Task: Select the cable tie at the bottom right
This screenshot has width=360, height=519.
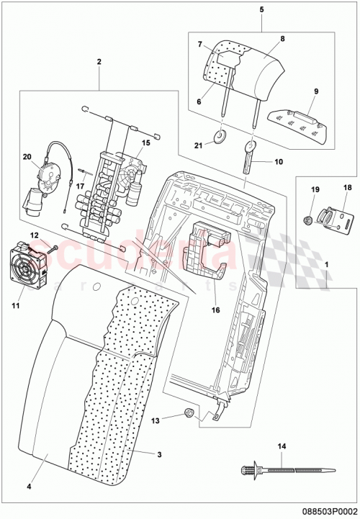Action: [x=277, y=472]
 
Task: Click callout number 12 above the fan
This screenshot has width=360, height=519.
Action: [x=34, y=235]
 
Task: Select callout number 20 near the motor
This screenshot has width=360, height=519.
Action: [x=27, y=156]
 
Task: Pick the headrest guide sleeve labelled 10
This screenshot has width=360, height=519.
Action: [x=249, y=157]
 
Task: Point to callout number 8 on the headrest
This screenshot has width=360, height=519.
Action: [x=283, y=39]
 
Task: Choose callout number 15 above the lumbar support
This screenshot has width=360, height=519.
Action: [x=145, y=143]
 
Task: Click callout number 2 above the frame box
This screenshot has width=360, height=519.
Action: [x=99, y=63]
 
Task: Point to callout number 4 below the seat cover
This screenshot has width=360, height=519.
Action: [x=30, y=487]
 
